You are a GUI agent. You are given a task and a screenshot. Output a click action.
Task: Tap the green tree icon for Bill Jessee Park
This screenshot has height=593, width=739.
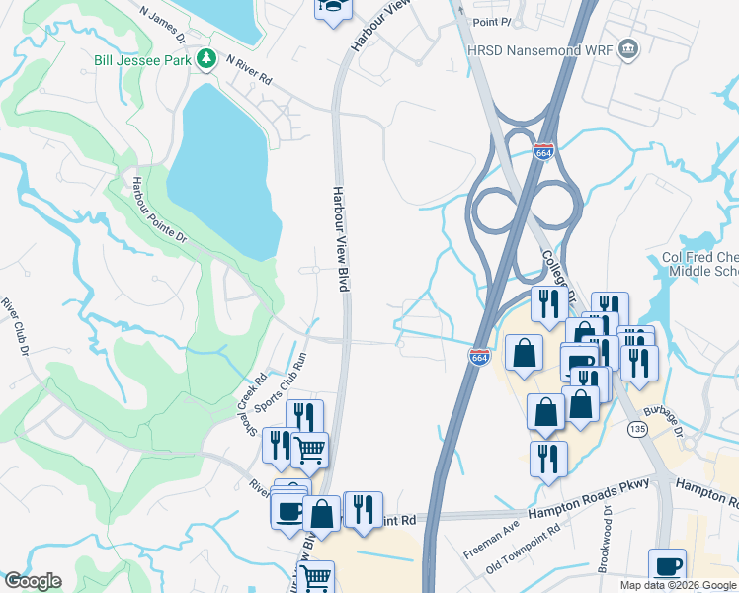[x=205, y=60]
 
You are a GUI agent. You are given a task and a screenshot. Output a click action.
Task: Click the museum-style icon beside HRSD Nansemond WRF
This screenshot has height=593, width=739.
[x=625, y=50]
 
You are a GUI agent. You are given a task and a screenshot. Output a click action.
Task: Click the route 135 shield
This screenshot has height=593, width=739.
[x=636, y=429]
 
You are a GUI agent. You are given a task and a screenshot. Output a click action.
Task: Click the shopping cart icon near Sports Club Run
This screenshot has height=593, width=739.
[x=310, y=450]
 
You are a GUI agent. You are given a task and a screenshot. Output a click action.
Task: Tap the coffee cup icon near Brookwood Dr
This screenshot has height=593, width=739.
[x=667, y=566]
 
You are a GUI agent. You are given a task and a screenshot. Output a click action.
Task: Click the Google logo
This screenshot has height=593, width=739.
[x=33, y=581]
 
